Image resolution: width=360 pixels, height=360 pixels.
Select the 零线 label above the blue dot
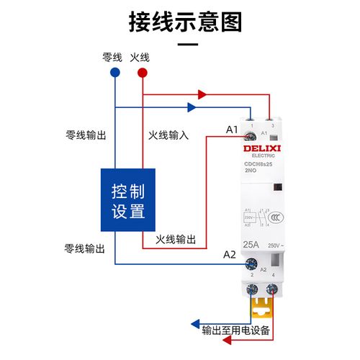(x=113, y=57)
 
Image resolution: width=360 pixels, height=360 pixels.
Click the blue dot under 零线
(x=114, y=72)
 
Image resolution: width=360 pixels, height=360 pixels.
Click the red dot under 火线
(x=143, y=72)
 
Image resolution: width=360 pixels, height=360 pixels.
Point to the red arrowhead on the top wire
(x=202, y=94)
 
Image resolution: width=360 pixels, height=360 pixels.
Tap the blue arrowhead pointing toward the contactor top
(x=192, y=107)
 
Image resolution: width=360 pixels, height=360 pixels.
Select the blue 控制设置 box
(x=128, y=201)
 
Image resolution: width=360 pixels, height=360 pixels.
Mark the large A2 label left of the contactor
(x=229, y=254)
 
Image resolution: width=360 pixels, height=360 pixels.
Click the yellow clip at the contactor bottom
(x=261, y=309)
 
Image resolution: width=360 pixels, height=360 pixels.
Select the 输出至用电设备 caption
(x=235, y=332)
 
